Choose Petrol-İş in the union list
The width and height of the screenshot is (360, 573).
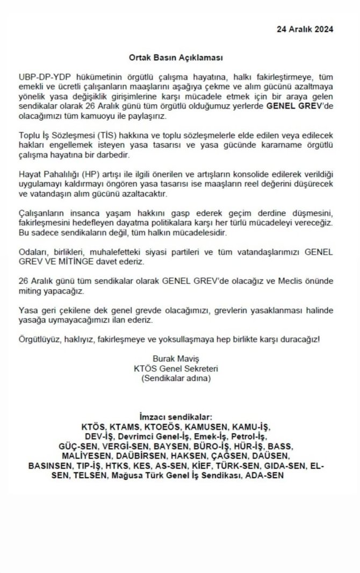[x=245, y=438]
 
